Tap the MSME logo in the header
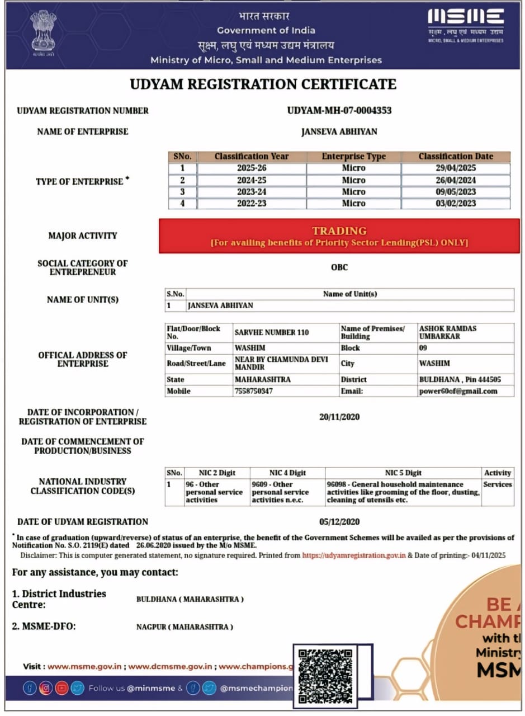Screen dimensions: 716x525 [465, 25]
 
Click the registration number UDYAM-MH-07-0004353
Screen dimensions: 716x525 [339, 110]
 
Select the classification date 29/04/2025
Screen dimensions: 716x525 [456, 168]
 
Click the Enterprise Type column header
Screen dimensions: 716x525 [353, 157]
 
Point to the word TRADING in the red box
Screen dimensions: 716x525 [339, 230]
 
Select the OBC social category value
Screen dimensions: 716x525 [339, 267]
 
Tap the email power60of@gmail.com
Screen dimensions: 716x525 [458, 391]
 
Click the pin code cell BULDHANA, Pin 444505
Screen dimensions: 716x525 [460, 379]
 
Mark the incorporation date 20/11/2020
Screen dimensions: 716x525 [339, 417]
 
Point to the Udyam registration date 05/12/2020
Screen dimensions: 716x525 [339, 522]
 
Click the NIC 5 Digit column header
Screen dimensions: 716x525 [403, 473]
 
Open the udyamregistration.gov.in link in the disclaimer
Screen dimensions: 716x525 [354, 555]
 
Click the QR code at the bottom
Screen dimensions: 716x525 [325, 676]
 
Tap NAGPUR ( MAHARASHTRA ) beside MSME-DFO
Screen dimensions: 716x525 [185, 627]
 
